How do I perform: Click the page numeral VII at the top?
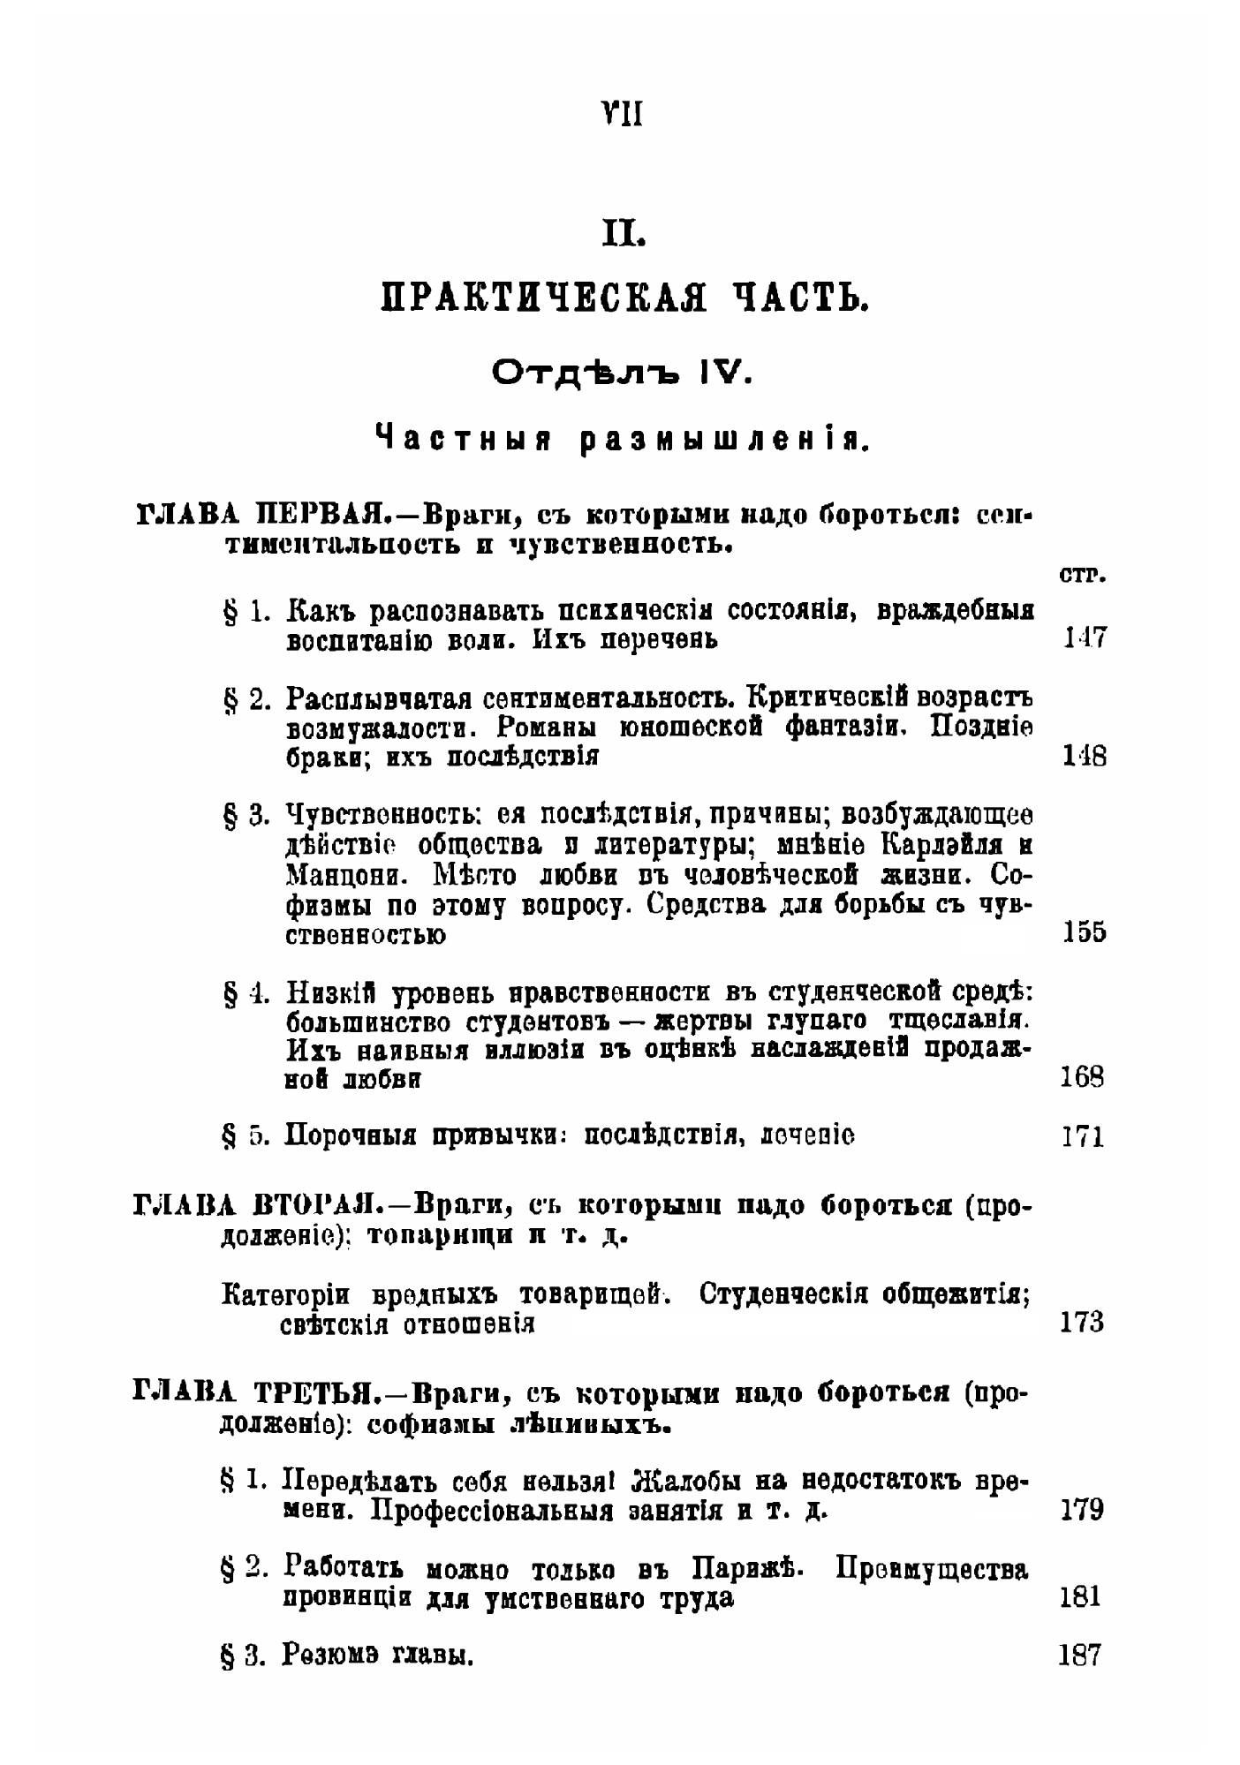[621, 114]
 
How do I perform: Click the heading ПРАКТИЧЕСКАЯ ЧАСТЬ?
[625, 299]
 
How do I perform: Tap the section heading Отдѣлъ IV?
[621, 374]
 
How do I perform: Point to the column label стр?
[1082, 575]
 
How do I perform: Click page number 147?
[1083, 638]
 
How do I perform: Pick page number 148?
[1083, 757]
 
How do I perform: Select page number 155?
[1083, 932]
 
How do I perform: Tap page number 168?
[1083, 1078]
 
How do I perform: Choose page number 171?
[1083, 1136]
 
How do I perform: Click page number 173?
[1082, 1322]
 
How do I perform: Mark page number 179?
[1082, 1510]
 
